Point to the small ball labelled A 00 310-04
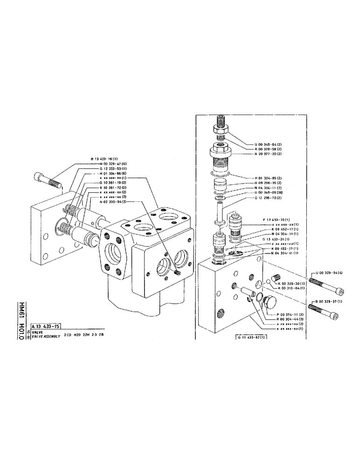269,281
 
